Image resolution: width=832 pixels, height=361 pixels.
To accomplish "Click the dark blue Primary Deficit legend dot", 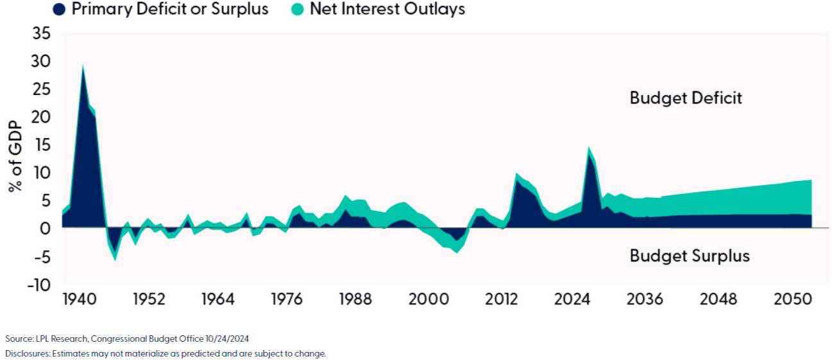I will [x=60, y=9].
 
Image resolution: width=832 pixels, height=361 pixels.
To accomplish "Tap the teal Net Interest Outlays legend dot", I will [x=298, y=9].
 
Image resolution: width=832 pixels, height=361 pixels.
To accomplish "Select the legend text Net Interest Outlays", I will [x=387, y=9].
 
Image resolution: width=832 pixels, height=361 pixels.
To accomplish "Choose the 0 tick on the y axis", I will [x=45, y=229].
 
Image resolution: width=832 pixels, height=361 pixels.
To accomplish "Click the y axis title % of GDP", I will [x=15, y=157].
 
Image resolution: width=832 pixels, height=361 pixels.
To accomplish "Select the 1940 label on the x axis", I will [x=81, y=300].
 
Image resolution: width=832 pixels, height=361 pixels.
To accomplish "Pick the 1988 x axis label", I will [x=355, y=300].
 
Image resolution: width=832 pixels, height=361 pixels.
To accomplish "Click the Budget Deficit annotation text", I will [x=686, y=98].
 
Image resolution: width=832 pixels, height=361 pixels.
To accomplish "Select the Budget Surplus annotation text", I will [x=690, y=256].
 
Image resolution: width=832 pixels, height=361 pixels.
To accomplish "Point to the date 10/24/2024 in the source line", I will [x=228, y=338].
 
